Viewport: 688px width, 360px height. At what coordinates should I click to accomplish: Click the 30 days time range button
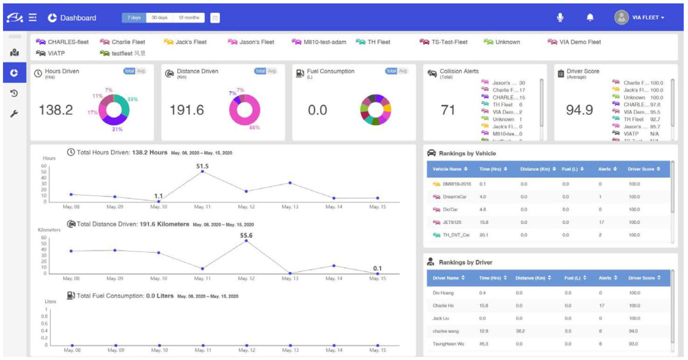pyautogui.click(x=159, y=18)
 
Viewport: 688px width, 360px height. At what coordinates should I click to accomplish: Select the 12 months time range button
pyautogui.click(x=189, y=18)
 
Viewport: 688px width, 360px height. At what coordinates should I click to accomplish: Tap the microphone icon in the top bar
pyautogui.click(x=560, y=18)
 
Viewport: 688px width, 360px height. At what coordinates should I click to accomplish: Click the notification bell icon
pyautogui.click(x=590, y=18)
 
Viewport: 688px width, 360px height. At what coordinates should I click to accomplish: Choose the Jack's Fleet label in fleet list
pyautogui.click(x=191, y=42)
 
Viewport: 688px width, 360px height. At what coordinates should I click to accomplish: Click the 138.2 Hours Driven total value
pyautogui.click(x=56, y=111)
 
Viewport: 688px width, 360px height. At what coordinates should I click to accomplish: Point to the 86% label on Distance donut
pyautogui.click(x=255, y=128)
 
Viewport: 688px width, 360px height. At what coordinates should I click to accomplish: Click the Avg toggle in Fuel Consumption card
pyautogui.click(x=403, y=71)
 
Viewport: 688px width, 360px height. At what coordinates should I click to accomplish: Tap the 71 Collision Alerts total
pyautogui.click(x=448, y=111)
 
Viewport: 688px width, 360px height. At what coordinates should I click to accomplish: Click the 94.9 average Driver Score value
pyautogui.click(x=579, y=111)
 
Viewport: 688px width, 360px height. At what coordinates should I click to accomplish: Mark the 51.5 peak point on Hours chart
pyautogui.click(x=202, y=171)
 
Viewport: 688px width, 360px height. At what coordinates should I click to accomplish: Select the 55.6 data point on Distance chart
pyautogui.click(x=246, y=241)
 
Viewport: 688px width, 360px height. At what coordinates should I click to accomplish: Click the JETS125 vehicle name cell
pyautogui.click(x=452, y=222)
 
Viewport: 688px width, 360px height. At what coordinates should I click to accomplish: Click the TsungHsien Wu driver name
pyautogui.click(x=448, y=344)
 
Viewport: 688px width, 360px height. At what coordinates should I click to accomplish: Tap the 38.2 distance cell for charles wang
pyautogui.click(x=520, y=331)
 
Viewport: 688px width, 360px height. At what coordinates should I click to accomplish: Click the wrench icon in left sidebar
pyautogui.click(x=14, y=114)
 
